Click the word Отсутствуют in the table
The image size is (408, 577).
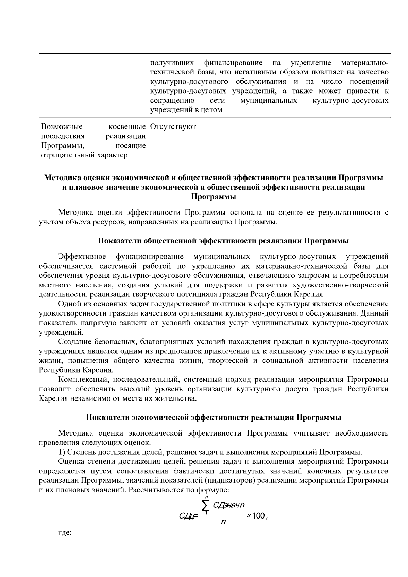(x=173, y=127)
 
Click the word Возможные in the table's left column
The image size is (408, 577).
(x=62, y=127)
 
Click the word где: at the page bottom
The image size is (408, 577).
(x=65, y=533)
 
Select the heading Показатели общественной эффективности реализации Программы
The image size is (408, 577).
(x=223, y=241)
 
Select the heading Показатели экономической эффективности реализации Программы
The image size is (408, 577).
(x=214, y=417)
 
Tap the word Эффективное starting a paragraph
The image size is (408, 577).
(x=82, y=256)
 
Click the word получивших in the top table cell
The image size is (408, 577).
(x=172, y=63)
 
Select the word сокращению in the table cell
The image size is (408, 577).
(x=172, y=101)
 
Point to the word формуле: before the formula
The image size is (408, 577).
(x=215, y=490)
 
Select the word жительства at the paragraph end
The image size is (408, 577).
(x=178, y=398)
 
